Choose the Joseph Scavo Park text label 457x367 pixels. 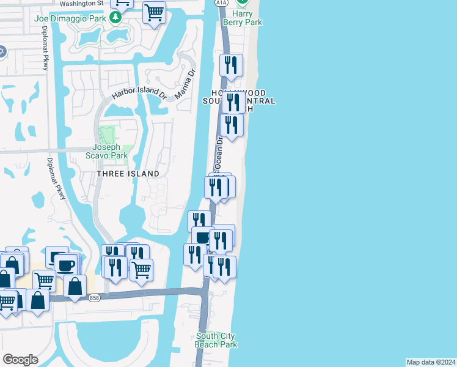click(110, 151)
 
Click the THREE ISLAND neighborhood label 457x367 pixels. click(128, 174)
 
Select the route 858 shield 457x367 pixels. click(94, 298)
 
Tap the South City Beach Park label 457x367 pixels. click(216, 341)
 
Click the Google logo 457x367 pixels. click(20, 360)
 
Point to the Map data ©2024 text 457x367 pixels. click(431, 362)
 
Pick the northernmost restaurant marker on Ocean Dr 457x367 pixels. click(232, 65)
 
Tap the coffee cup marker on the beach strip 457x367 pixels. click(203, 237)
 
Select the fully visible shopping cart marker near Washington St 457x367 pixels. click(154, 12)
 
